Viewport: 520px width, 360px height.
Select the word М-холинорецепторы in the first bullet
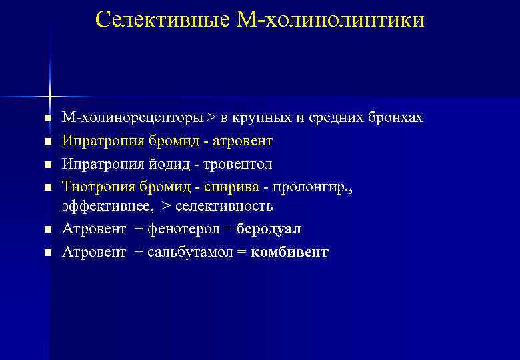(133, 118)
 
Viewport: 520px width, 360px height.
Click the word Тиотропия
(93, 186)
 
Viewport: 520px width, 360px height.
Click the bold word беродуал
(269, 229)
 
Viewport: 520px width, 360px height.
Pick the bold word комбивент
(290, 252)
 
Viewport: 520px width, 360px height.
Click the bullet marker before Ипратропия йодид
(47, 164)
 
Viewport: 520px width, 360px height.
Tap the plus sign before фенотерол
(138, 229)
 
